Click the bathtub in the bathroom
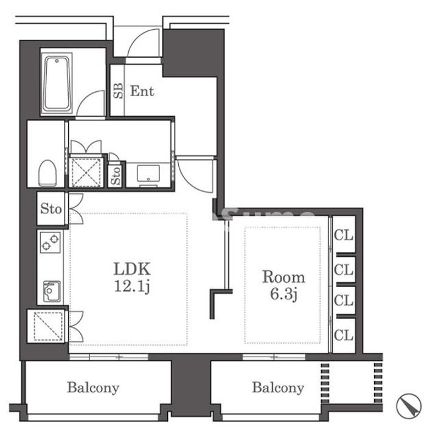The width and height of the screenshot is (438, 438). [x=57, y=83]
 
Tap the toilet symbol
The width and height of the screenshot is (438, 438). [x=47, y=173]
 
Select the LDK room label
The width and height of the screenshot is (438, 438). [x=133, y=269]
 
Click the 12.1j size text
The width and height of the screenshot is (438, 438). [x=133, y=287]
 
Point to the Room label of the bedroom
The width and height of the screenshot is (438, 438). [x=283, y=277]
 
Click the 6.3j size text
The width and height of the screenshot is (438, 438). [x=283, y=294]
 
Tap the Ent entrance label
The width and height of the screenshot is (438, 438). [x=142, y=91]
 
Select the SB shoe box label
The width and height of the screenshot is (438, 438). [x=118, y=91]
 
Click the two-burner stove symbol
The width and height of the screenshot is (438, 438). [x=50, y=242]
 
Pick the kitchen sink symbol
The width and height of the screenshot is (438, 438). [x=52, y=291]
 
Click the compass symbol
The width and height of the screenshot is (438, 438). [x=409, y=406]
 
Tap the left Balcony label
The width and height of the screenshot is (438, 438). [x=93, y=388]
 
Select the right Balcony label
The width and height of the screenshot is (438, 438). [x=278, y=388]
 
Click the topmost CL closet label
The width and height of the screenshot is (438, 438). [x=344, y=235]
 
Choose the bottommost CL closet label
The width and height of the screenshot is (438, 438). [x=344, y=335]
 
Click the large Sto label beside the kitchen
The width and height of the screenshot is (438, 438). [x=51, y=209]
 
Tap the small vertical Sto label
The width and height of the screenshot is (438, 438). [x=116, y=175]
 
